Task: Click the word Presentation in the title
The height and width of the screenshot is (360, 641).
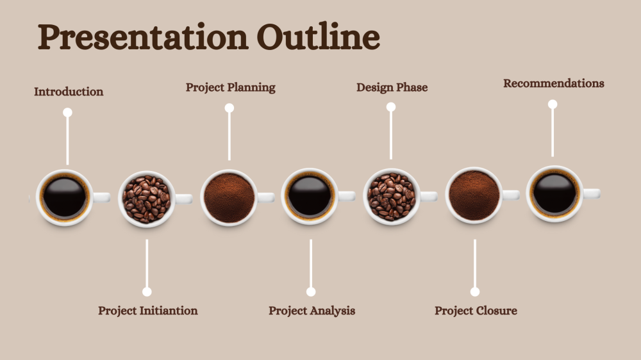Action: (x=143, y=37)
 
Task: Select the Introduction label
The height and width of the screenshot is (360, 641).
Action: (x=69, y=92)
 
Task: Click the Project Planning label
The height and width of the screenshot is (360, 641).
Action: (x=231, y=88)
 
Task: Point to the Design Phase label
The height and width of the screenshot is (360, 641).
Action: (x=392, y=88)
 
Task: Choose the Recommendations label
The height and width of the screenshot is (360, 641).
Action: (x=554, y=83)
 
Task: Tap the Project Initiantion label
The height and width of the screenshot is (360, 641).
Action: (x=148, y=311)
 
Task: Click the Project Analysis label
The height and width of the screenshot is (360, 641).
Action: (x=312, y=311)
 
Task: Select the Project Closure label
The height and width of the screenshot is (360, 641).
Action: (x=476, y=311)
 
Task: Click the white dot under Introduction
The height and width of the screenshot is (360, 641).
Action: (x=67, y=112)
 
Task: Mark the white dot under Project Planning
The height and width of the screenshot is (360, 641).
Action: (x=229, y=108)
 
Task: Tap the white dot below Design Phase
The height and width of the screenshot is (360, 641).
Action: (x=391, y=107)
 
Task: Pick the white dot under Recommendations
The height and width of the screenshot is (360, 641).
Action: (x=553, y=104)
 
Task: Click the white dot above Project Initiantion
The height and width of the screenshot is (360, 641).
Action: (x=147, y=291)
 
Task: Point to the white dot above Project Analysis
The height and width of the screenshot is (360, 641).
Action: (x=311, y=291)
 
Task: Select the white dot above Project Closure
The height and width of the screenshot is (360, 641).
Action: (x=474, y=291)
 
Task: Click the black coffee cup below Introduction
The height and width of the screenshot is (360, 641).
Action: (x=65, y=197)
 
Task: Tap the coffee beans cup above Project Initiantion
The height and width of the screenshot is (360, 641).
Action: (x=147, y=199)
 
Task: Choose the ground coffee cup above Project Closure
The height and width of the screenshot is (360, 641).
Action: (x=474, y=195)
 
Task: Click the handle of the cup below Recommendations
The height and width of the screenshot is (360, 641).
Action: (x=592, y=193)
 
